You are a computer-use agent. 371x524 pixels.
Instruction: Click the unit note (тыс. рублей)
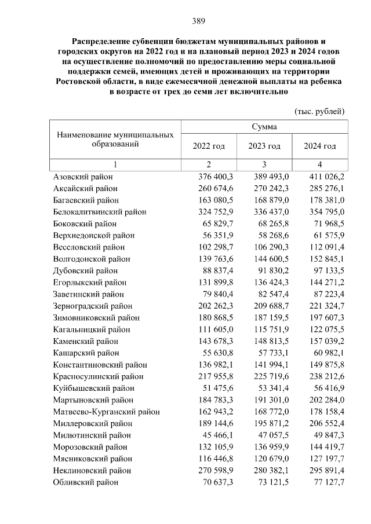[x=320, y=111]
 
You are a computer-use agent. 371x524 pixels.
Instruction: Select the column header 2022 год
[x=208, y=146]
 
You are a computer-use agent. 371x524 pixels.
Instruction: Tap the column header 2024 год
[x=320, y=146]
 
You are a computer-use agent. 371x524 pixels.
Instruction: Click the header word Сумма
[x=264, y=126]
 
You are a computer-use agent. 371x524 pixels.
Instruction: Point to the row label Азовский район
[x=83, y=177]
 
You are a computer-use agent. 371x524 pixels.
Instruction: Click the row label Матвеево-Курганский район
[x=106, y=412]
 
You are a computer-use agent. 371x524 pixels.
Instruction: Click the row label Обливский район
[x=85, y=482]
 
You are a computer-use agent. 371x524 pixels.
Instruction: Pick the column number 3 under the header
[x=264, y=164]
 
